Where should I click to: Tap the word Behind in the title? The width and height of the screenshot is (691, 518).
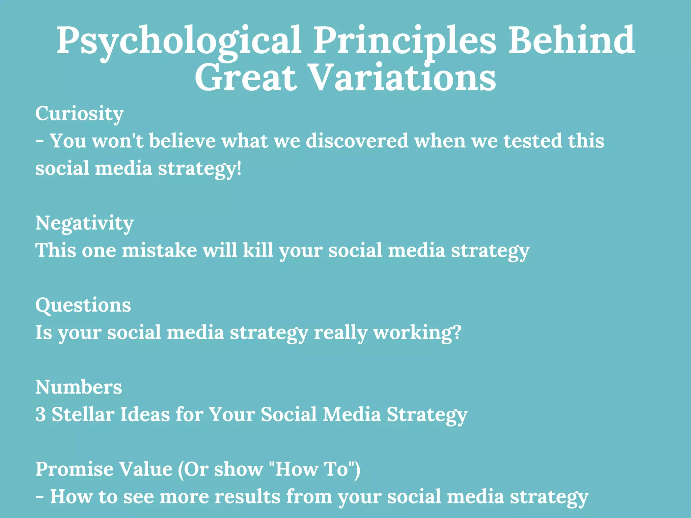[x=571, y=40]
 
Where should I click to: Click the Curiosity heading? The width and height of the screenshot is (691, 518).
[x=79, y=114]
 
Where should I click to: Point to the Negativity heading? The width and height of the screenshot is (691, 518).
[x=84, y=223]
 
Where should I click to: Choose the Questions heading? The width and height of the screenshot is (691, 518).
[x=83, y=305]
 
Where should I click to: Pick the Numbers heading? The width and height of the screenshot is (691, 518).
[x=79, y=387]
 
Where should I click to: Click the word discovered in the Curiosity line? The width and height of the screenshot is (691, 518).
[x=357, y=141]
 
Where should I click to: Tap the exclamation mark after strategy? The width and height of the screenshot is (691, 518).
[x=239, y=168]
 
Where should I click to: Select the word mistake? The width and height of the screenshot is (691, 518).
[x=159, y=250]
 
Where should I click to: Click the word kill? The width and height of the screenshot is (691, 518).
[x=258, y=250]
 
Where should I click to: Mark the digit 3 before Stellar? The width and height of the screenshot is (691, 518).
[x=40, y=414]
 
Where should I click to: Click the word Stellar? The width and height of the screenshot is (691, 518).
[x=83, y=414]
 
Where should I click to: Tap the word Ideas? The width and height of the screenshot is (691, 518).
[x=145, y=414]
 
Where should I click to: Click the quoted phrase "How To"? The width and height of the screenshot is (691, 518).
[x=313, y=469]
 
